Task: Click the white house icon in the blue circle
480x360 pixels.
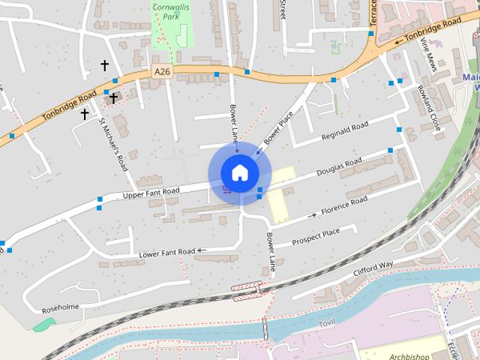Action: (x=239, y=172)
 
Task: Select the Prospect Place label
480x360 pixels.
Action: (x=316, y=237)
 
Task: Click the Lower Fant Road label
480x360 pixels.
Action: (x=167, y=253)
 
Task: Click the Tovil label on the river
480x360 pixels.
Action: (x=326, y=322)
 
